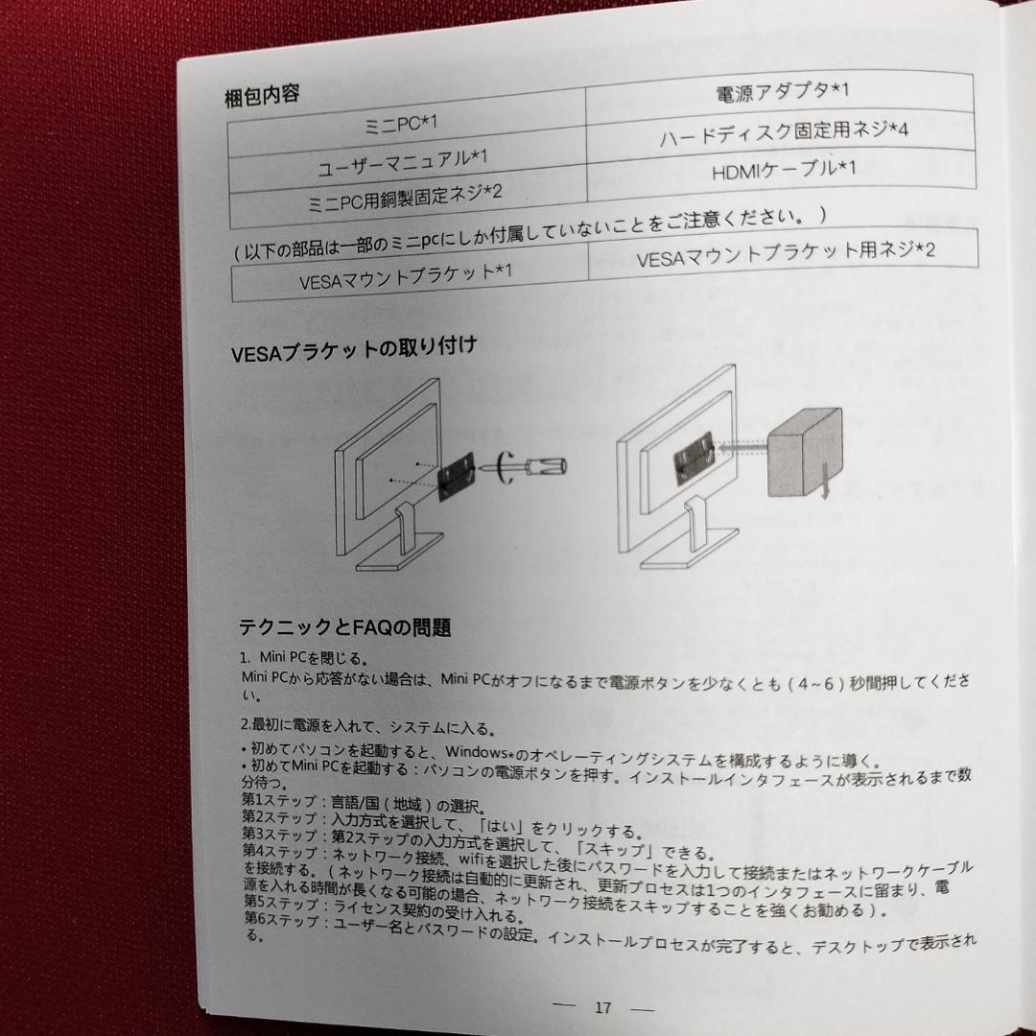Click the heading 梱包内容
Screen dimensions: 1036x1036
[262, 96]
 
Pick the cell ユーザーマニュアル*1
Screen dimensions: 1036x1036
[403, 161]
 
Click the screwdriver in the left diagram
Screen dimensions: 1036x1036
[533, 467]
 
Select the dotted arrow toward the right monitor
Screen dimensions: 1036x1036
[744, 443]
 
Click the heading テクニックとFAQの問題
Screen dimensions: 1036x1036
[344, 627]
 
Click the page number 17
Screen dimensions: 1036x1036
[602, 1007]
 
